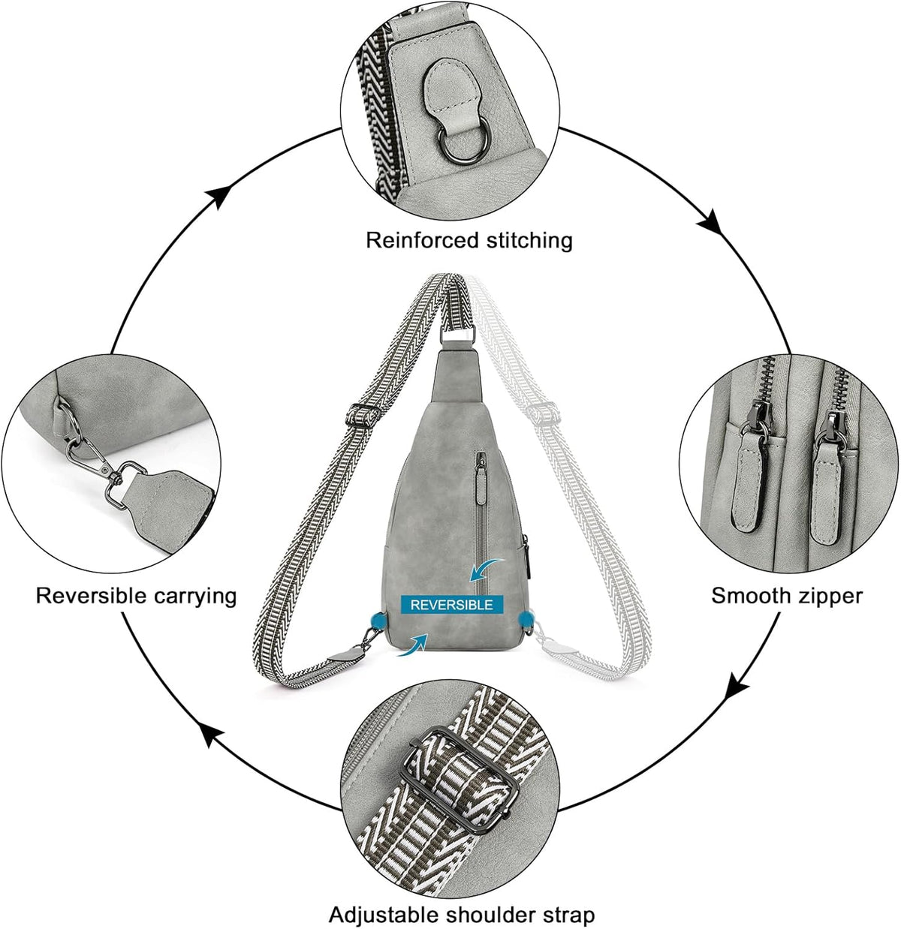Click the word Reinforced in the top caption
point(422,241)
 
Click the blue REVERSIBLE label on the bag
point(451,604)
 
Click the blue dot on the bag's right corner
point(526,619)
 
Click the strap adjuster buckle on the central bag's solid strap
point(363,414)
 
